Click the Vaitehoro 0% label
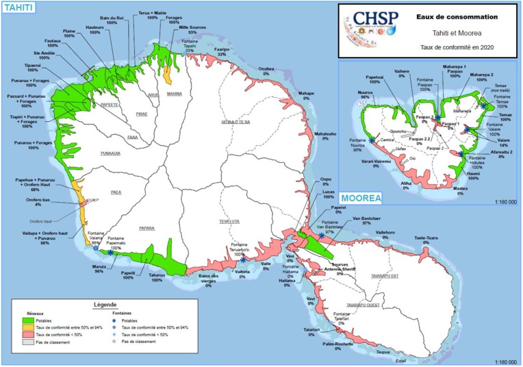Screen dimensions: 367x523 pyautogui.click(x=385, y=236)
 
